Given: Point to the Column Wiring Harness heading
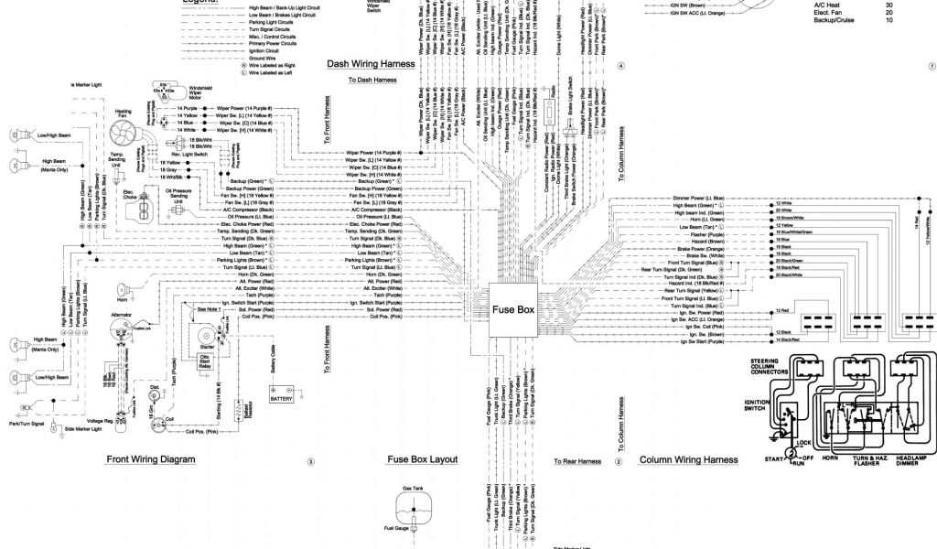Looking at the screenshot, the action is [x=688, y=460].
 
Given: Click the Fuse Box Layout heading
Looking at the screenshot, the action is [x=422, y=460].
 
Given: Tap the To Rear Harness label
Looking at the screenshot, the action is [x=576, y=461].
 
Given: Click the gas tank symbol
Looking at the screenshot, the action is [x=415, y=506].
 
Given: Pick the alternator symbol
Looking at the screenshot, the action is [x=122, y=333].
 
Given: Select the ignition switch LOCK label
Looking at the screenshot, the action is [x=805, y=442].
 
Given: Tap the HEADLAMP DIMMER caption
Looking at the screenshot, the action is [x=913, y=459].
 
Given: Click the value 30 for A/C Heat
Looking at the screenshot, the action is [x=888, y=5].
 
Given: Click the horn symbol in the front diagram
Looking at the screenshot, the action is [x=122, y=285].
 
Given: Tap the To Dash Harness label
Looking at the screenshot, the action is [x=372, y=81].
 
